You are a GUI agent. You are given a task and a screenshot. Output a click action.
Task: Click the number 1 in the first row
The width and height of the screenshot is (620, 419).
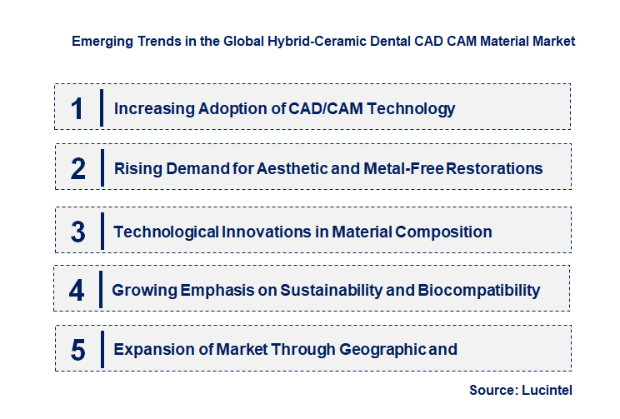click(x=77, y=108)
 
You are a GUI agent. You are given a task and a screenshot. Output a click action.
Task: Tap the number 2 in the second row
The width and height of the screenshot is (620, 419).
click(x=78, y=169)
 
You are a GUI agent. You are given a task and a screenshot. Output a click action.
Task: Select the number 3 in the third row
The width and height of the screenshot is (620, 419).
click(x=78, y=232)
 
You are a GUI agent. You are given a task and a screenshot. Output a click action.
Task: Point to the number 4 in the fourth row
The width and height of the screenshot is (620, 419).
click(x=77, y=291)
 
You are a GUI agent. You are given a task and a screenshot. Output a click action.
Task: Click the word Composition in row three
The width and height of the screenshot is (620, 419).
click(x=442, y=232)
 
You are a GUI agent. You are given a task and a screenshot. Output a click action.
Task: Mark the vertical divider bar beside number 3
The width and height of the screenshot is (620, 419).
click(x=102, y=231)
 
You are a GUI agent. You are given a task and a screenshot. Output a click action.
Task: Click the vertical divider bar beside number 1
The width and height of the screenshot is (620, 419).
click(x=102, y=107)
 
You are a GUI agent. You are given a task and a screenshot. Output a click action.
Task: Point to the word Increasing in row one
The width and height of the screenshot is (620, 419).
click(x=152, y=108)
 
